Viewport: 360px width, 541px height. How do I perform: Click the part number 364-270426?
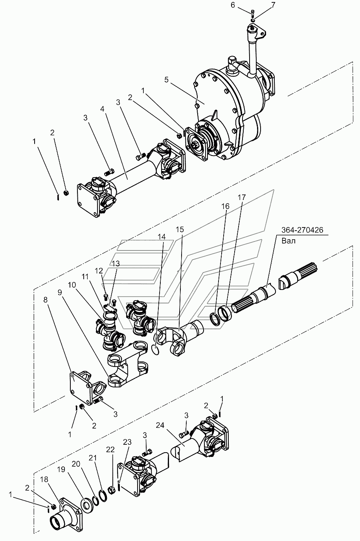click(302, 230)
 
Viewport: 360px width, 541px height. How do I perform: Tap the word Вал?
click(288, 241)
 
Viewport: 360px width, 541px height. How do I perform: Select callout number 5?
click(167, 80)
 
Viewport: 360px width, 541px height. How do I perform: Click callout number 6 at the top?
click(233, 6)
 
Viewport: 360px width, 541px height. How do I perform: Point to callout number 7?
click(273, 6)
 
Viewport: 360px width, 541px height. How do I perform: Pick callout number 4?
click(103, 109)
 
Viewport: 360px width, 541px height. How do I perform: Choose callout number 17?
click(242, 197)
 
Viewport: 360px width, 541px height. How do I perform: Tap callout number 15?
click(180, 229)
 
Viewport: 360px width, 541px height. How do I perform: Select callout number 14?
click(162, 237)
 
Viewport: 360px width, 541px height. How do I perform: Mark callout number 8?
click(46, 300)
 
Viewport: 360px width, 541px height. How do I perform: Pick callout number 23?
click(127, 442)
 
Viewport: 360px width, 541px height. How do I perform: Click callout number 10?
click(72, 285)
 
